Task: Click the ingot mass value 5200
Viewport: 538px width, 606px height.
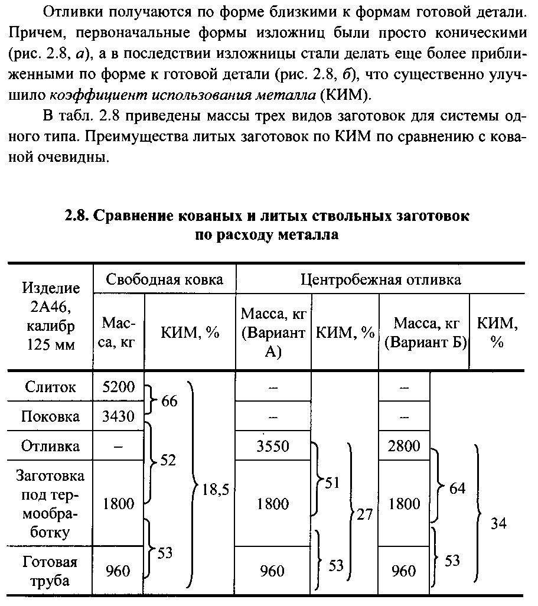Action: pos(119,387)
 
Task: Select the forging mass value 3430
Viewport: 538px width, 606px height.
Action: pos(119,416)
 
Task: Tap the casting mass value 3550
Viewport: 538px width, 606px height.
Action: pos(273,446)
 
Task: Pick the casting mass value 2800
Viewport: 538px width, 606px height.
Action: pos(405,446)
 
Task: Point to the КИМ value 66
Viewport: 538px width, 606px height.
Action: pos(169,402)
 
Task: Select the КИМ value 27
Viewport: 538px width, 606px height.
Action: pos(364,514)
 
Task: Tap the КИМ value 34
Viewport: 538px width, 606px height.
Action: pos(498,523)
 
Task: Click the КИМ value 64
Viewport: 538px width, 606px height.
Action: pos(457,488)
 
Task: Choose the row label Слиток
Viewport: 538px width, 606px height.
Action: pos(50,387)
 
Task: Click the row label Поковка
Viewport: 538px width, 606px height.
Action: pos(50,416)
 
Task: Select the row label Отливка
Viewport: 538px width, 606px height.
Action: pos(50,446)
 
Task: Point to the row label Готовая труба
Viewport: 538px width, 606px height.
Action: pos(50,571)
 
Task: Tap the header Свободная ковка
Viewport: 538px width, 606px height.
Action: pos(164,279)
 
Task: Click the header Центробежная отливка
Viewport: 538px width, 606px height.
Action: pos(381,279)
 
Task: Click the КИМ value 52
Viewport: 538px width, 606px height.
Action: pos(168,460)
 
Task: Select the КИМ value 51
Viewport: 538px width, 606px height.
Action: pos(332,483)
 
